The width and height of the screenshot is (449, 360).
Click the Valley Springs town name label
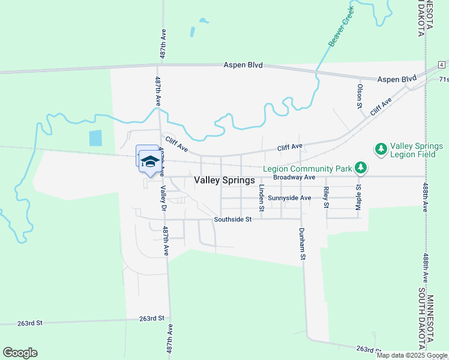coord(224,180)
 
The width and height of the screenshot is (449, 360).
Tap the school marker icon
coord(149,161)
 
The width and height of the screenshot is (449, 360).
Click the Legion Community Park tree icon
coord(360,167)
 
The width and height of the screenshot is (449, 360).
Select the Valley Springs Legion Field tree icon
coord(381,148)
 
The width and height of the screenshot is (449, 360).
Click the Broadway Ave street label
coord(294,178)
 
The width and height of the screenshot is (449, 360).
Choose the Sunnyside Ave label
coord(289,198)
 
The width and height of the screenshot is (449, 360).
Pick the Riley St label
coord(326,197)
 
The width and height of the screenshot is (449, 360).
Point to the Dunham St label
coord(302,244)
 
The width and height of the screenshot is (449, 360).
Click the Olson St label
coord(360,96)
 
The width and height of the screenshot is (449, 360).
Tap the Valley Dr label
coord(163,199)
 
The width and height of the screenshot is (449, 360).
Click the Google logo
coord(20,353)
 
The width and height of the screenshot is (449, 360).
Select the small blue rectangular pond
coord(95,138)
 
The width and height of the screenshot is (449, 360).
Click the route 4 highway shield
coord(441,64)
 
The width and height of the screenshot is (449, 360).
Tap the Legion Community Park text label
coord(307,169)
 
